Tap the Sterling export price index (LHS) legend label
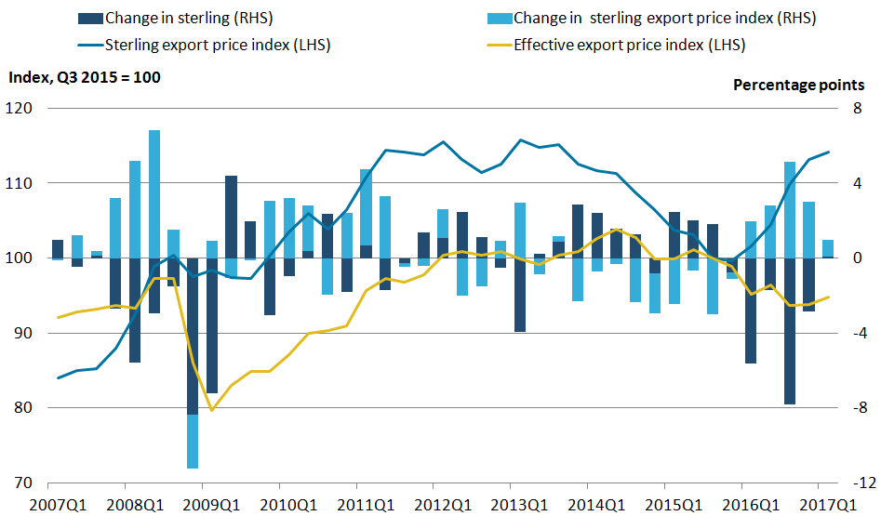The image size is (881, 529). pyautogui.click(x=218, y=45)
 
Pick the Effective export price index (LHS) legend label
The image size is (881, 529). pyautogui.click(x=629, y=45)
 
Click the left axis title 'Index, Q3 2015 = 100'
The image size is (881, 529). pyautogui.click(x=84, y=77)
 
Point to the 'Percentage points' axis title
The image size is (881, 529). pyautogui.click(x=799, y=85)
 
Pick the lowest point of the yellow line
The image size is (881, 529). pyautogui.click(x=212, y=410)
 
